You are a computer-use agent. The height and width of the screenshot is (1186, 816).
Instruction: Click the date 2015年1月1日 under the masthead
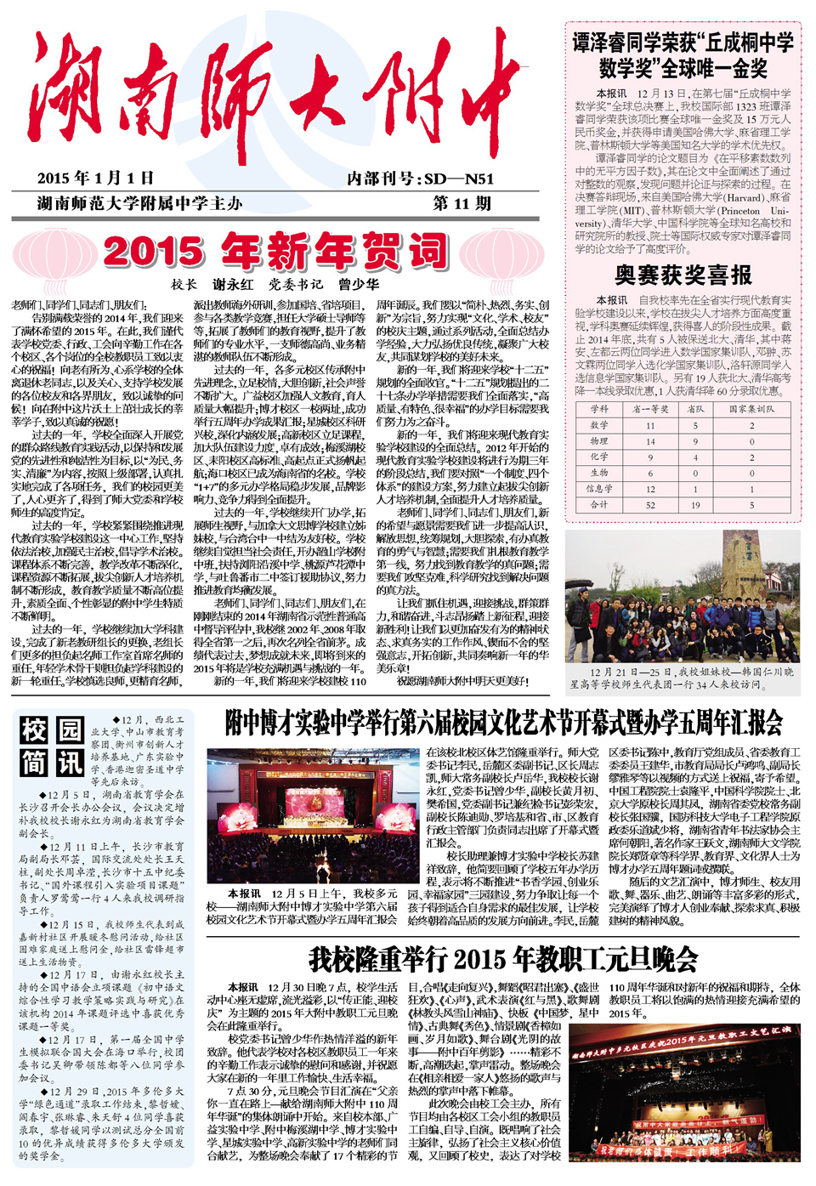point(95,178)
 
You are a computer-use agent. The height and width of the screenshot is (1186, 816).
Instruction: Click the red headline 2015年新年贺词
point(275,252)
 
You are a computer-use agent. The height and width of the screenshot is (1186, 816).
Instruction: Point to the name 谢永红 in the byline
point(232,284)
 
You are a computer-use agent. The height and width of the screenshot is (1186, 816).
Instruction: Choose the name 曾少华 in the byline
point(359,284)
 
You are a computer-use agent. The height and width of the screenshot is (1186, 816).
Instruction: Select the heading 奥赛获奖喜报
point(683,275)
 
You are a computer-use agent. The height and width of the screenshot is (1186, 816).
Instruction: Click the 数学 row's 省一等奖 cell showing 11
point(650,426)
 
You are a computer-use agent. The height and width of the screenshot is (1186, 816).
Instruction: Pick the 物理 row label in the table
point(599,441)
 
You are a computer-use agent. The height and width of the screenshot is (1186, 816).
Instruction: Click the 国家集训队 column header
point(751,409)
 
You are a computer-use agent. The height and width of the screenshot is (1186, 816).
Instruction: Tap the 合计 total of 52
point(650,504)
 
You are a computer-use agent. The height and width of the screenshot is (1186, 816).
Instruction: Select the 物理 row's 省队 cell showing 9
point(695,441)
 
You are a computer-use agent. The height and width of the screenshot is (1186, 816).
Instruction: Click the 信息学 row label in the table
point(599,489)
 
